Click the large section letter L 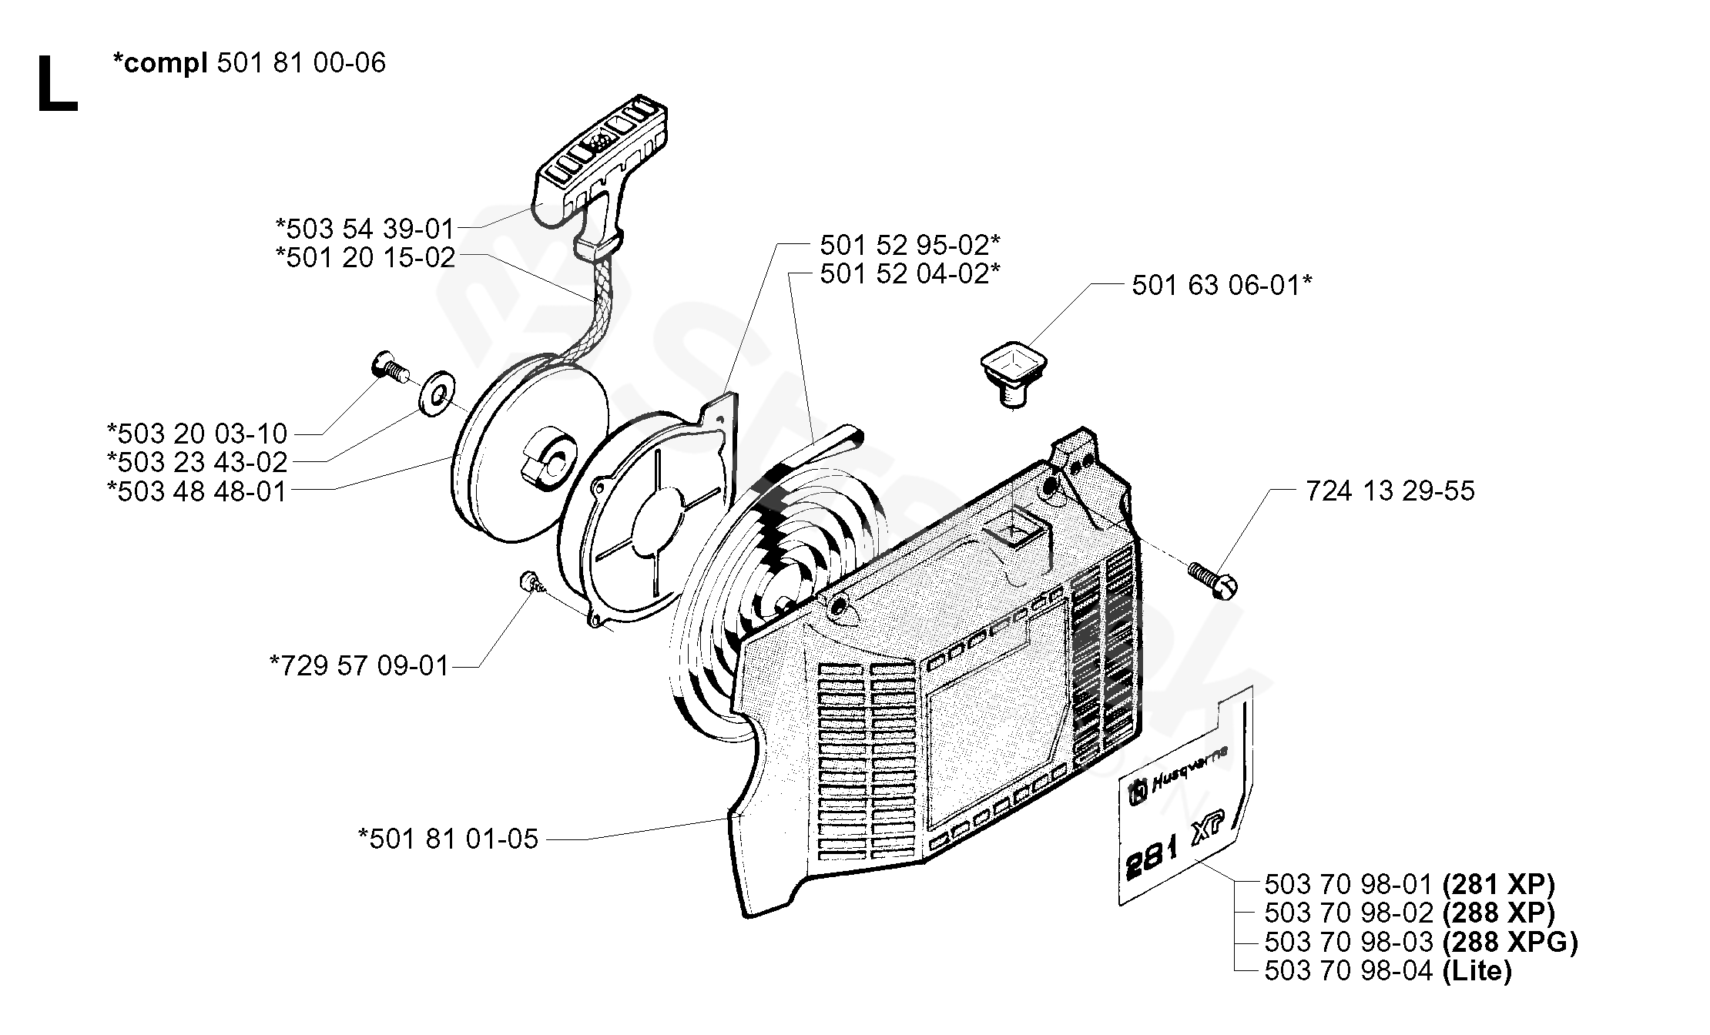[57, 86]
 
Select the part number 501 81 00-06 [301, 62]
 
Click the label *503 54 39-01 [365, 228]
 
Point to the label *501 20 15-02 [365, 257]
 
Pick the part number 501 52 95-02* [910, 245]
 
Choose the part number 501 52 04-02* [910, 273]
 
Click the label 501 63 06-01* [1222, 285]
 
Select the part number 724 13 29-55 [1390, 491]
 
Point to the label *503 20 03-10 [197, 433]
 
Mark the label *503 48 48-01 [197, 491]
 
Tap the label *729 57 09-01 [359, 665]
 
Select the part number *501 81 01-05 [448, 839]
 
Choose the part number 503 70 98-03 [1349, 941]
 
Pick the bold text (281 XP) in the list [1498, 883]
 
